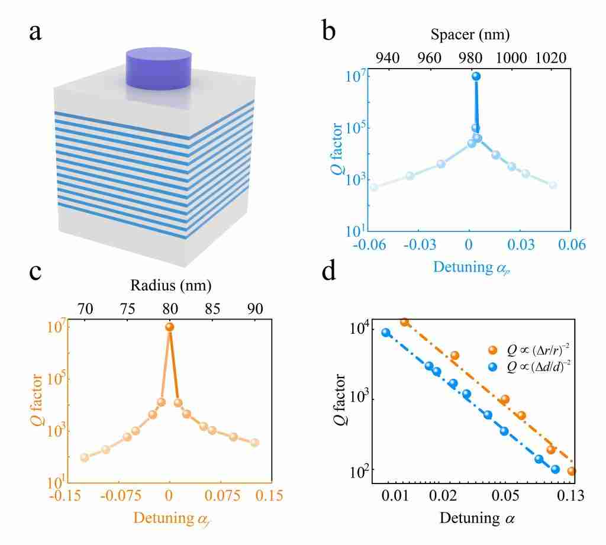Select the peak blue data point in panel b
click(475, 76)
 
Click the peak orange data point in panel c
click(170, 327)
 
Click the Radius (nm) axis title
click(172, 285)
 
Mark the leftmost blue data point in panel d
click(386, 333)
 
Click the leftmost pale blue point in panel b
click(373, 187)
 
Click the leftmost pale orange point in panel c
click(85, 457)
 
